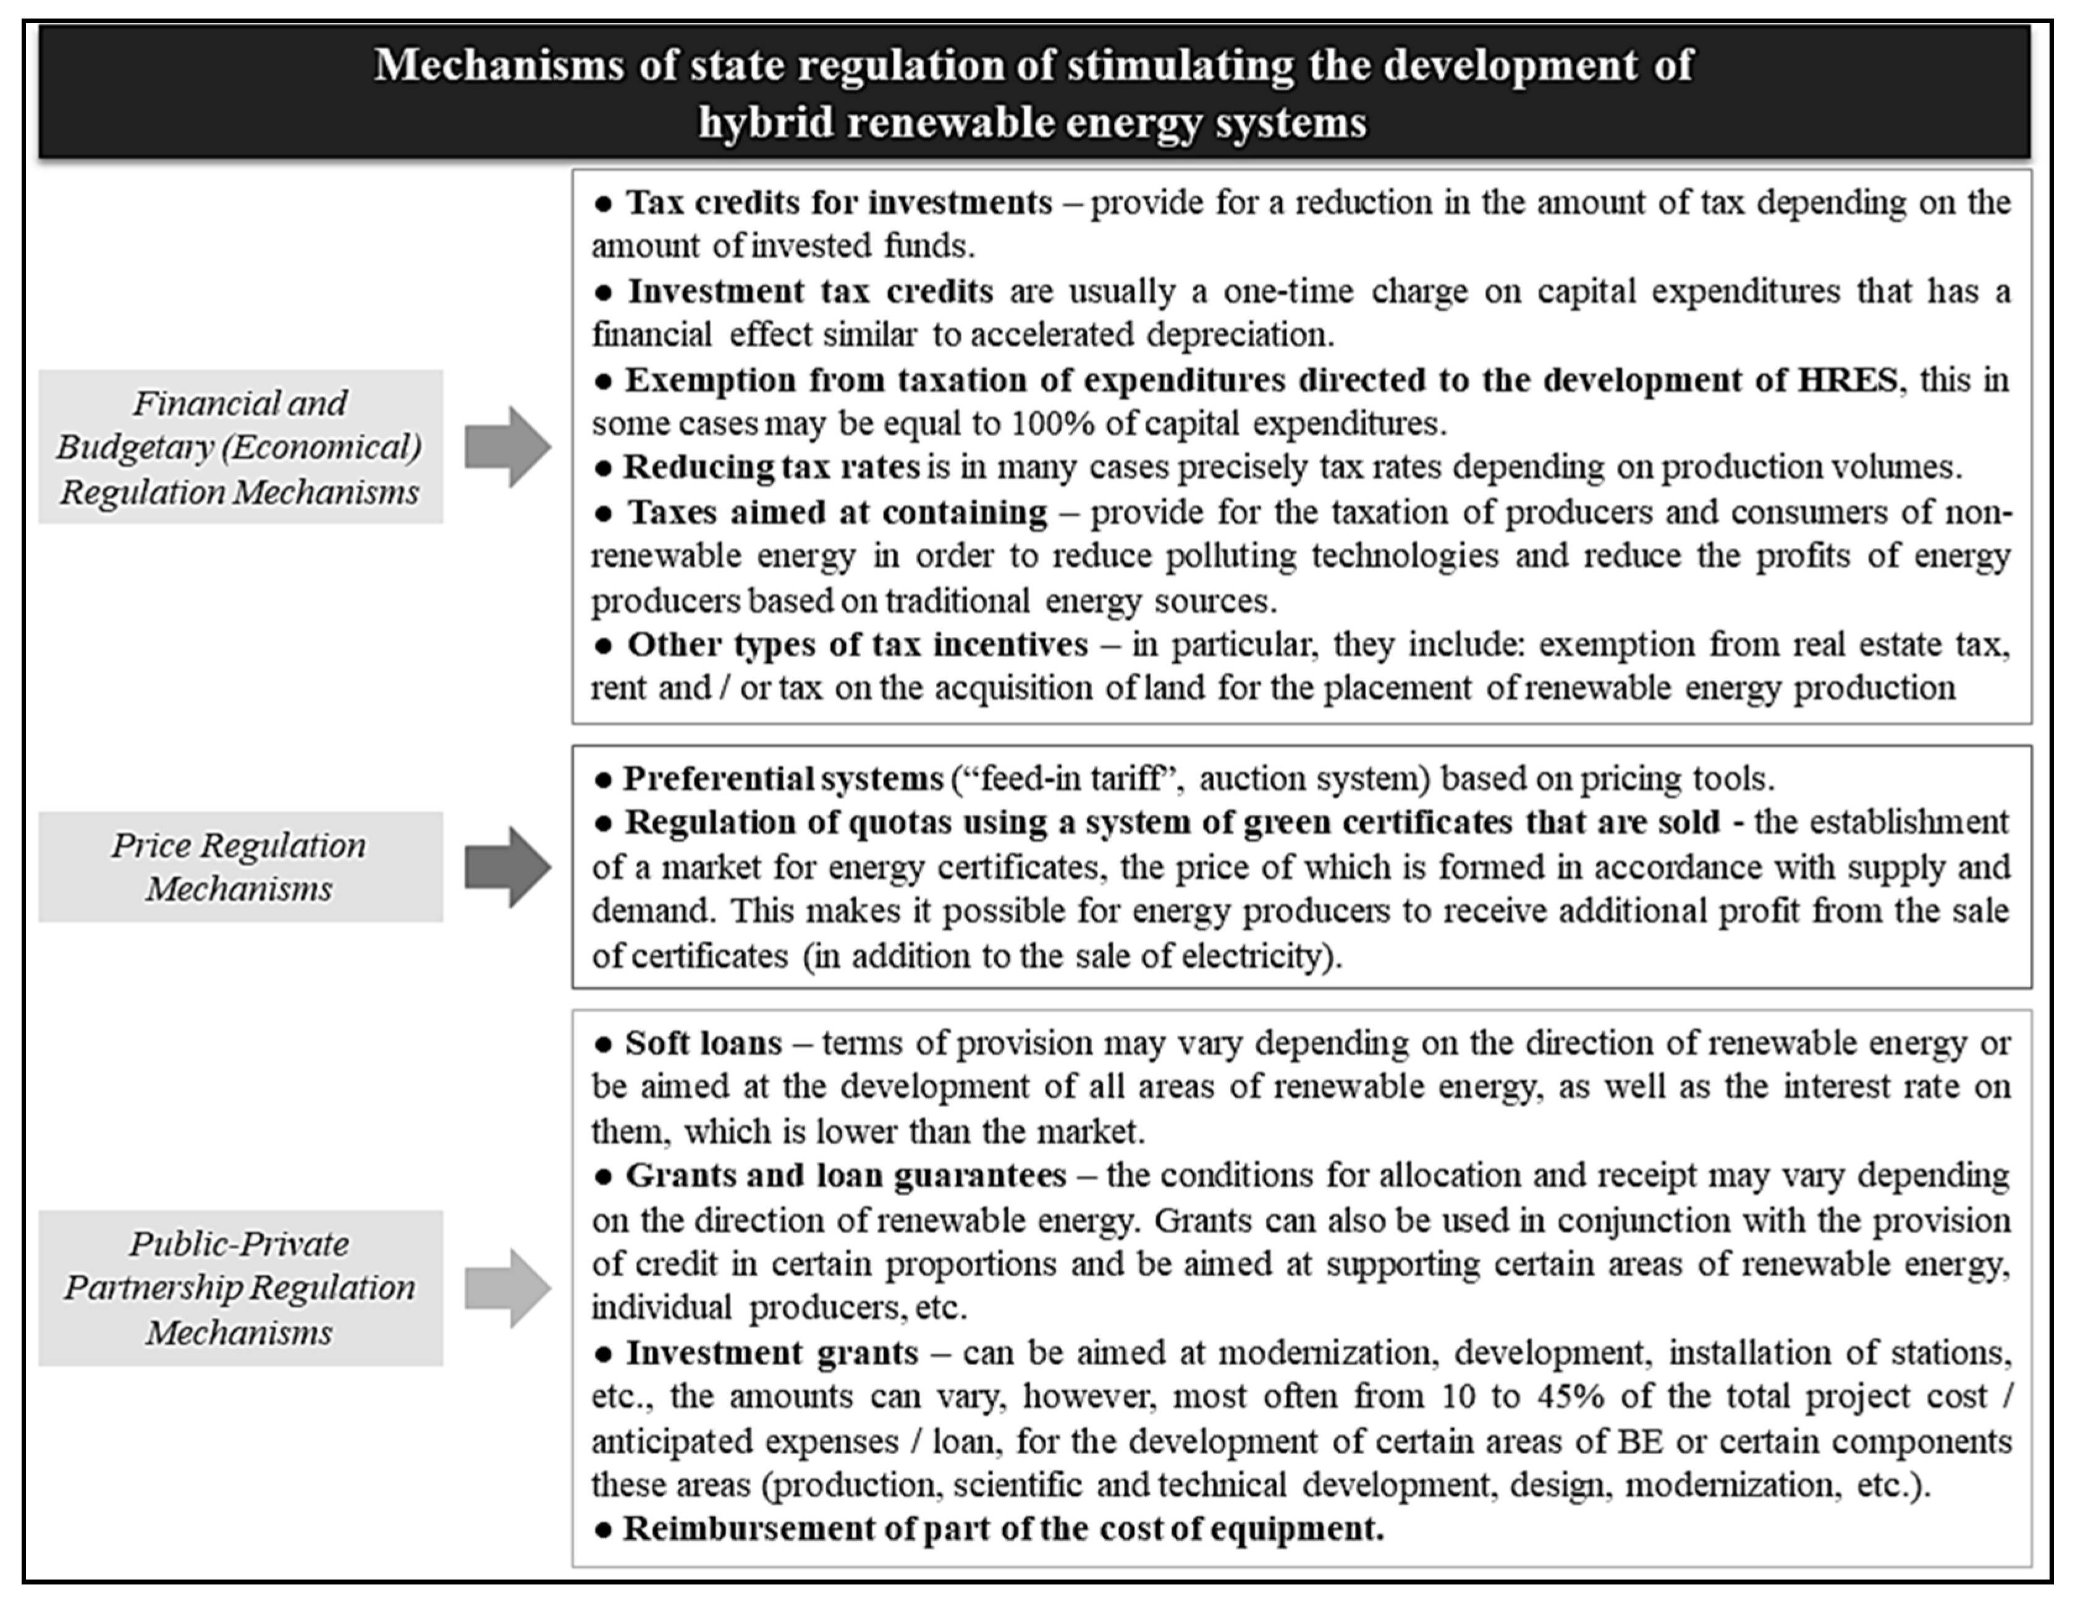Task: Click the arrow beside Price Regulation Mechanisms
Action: (x=508, y=867)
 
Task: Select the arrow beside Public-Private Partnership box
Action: (x=508, y=1288)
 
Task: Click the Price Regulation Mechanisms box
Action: (x=240, y=867)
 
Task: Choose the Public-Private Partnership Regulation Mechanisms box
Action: (x=240, y=1288)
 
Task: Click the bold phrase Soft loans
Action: (x=703, y=1043)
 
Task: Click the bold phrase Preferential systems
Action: (x=782, y=778)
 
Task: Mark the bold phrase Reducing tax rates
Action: (x=771, y=467)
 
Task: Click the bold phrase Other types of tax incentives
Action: (x=856, y=645)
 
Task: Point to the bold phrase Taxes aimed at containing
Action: (x=837, y=513)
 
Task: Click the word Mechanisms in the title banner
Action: (x=499, y=65)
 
